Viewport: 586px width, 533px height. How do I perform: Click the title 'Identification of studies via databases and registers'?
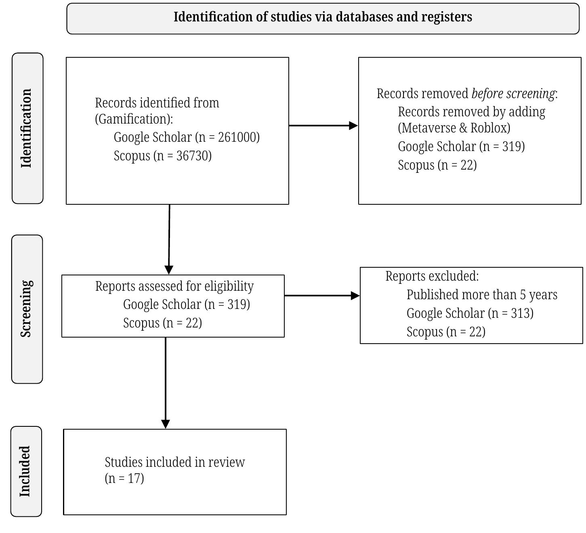[x=323, y=17]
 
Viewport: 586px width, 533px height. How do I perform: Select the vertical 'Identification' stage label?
[x=27, y=128]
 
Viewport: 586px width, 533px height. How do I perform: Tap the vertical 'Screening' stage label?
[x=26, y=309]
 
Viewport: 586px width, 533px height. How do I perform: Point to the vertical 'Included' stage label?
[x=25, y=471]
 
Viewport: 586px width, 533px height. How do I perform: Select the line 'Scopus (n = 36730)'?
[x=162, y=156]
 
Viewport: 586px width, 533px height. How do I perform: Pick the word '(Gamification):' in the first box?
[x=134, y=119]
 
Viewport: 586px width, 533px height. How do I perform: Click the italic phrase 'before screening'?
[x=513, y=94]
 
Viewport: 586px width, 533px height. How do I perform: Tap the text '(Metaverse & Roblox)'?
[x=454, y=128]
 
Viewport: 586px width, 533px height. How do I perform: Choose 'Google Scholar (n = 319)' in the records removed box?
[x=461, y=147]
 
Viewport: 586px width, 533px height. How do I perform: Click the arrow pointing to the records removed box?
[x=323, y=126]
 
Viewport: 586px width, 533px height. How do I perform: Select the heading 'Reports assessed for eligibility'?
[x=174, y=286]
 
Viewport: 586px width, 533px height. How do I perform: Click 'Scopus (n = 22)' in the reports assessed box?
[x=162, y=323]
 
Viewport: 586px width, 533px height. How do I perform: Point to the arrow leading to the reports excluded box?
[x=322, y=296]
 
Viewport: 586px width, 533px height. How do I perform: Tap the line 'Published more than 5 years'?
[x=482, y=295]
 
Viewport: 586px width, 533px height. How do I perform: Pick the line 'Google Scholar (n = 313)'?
[x=470, y=313]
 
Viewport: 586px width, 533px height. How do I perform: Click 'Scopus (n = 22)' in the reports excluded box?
[x=446, y=332]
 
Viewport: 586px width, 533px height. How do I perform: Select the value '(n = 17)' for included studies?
[x=124, y=478]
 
